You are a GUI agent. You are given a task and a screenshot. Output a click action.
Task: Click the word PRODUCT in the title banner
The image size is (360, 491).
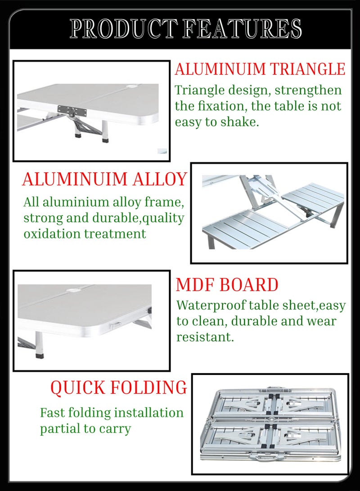click(x=121, y=29)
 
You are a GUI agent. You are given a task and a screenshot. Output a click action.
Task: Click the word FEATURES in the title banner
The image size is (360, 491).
click(x=242, y=29)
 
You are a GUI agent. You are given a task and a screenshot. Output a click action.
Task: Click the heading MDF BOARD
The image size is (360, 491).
click(x=227, y=285)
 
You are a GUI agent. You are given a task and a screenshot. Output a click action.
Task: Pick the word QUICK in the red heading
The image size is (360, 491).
click(x=78, y=387)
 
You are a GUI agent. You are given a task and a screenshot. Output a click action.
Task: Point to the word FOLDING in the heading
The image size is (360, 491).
click(x=149, y=387)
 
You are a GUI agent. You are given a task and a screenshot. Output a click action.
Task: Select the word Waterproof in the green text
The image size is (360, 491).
click(x=211, y=306)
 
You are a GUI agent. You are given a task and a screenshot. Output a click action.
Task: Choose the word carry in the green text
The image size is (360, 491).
click(x=115, y=429)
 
